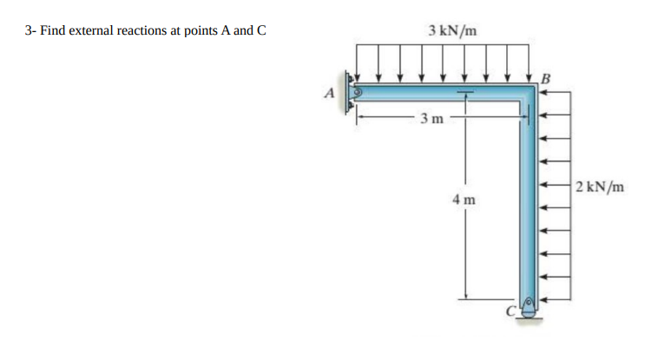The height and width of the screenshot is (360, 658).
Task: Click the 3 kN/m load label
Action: click(x=452, y=30)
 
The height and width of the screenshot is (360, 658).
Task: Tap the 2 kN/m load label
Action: click(x=600, y=187)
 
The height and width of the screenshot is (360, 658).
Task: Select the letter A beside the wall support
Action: click(x=329, y=93)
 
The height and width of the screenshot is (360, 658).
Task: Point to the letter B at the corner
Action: click(x=545, y=78)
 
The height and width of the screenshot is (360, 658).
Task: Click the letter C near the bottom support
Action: click(x=510, y=311)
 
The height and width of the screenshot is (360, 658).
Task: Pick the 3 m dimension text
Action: click(x=431, y=119)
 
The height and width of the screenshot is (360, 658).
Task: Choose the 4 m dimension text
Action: click(x=464, y=200)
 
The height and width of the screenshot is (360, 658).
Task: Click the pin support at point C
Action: click(x=529, y=307)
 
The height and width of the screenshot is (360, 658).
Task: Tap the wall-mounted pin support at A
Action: click(x=352, y=92)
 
